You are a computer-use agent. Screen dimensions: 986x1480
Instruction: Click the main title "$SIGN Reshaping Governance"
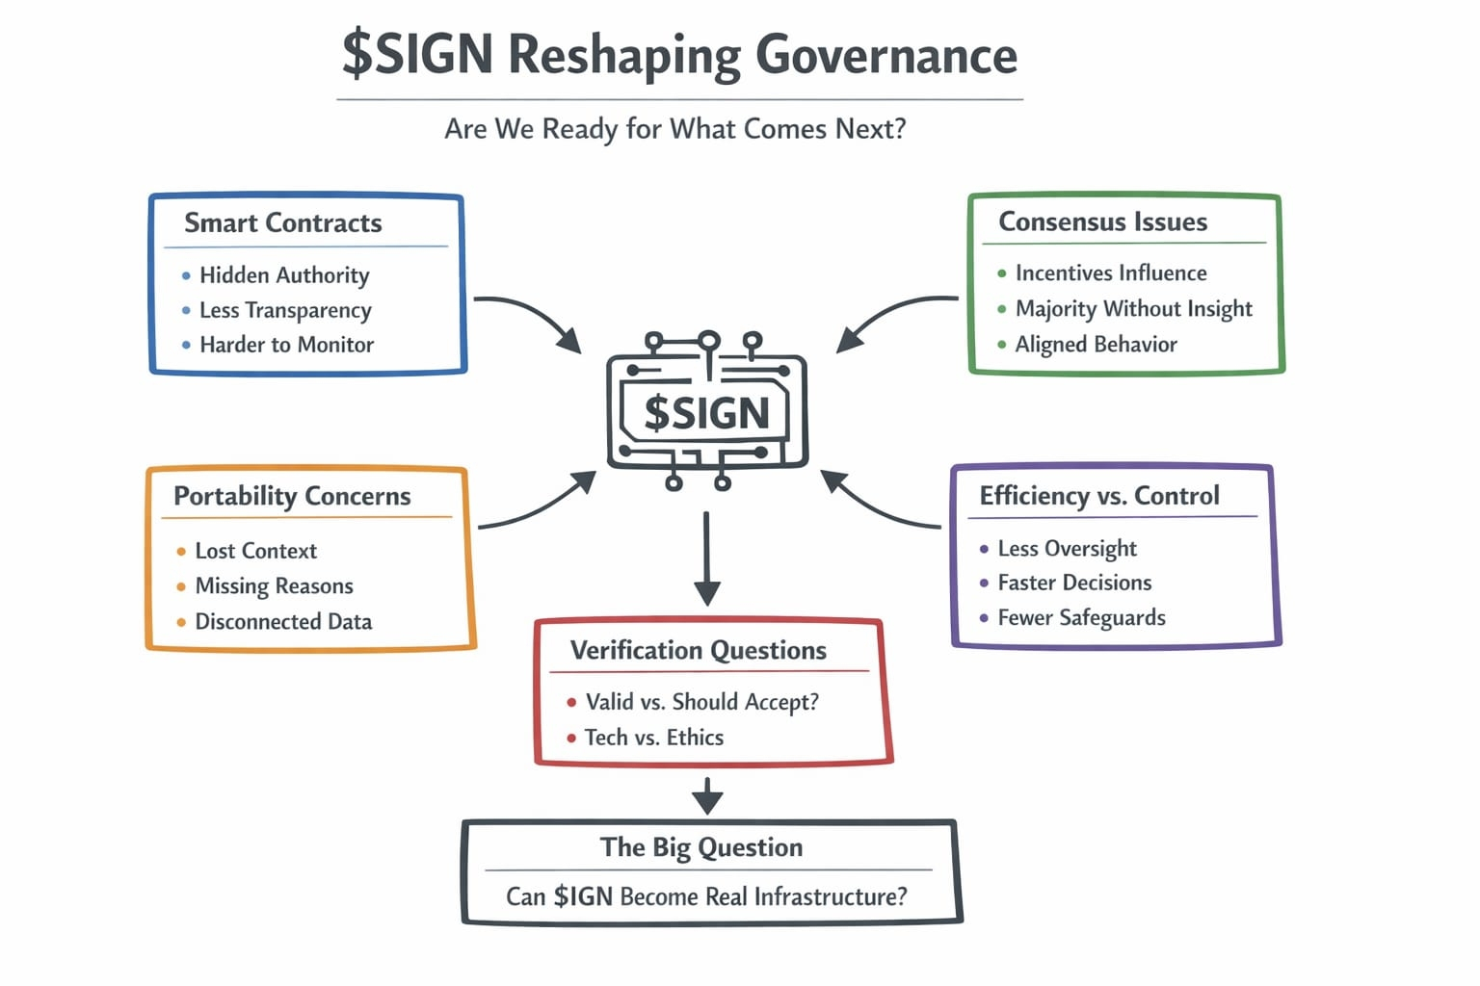click(679, 54)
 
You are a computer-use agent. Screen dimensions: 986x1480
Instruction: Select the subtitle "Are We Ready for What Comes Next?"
click(674, 129)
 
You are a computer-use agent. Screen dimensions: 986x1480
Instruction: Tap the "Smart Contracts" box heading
click(283, 223)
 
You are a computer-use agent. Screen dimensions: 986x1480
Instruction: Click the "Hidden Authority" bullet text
click(284, 275)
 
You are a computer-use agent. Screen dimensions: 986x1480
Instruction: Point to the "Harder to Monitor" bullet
click(286, 345)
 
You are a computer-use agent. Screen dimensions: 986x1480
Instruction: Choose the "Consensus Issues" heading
click(1102, 222)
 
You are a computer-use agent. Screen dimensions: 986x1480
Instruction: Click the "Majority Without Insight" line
click(1133, 309)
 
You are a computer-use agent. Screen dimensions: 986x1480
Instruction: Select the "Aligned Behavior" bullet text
click(1096, 345)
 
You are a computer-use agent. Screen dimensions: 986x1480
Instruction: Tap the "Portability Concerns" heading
click(292, 496)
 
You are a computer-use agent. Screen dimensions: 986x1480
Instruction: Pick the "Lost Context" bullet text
click(255, 551)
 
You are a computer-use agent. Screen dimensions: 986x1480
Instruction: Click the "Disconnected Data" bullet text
click(283, 622)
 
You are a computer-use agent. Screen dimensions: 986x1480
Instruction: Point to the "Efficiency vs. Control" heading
click(1099, 496)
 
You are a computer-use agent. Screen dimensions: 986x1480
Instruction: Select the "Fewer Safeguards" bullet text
click(1081, 618)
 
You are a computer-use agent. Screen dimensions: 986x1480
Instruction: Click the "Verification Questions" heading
click(699, 651)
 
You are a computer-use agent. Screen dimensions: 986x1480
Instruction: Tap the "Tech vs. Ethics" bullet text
click(653, 738)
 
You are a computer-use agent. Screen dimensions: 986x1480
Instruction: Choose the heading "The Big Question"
click(701, 847)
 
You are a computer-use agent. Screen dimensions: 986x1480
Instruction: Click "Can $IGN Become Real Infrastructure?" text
click(706, 897)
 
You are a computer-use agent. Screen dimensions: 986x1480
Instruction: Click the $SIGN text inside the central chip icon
click(706, 414)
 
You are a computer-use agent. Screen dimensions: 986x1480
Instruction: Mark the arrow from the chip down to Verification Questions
click(707, 558)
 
